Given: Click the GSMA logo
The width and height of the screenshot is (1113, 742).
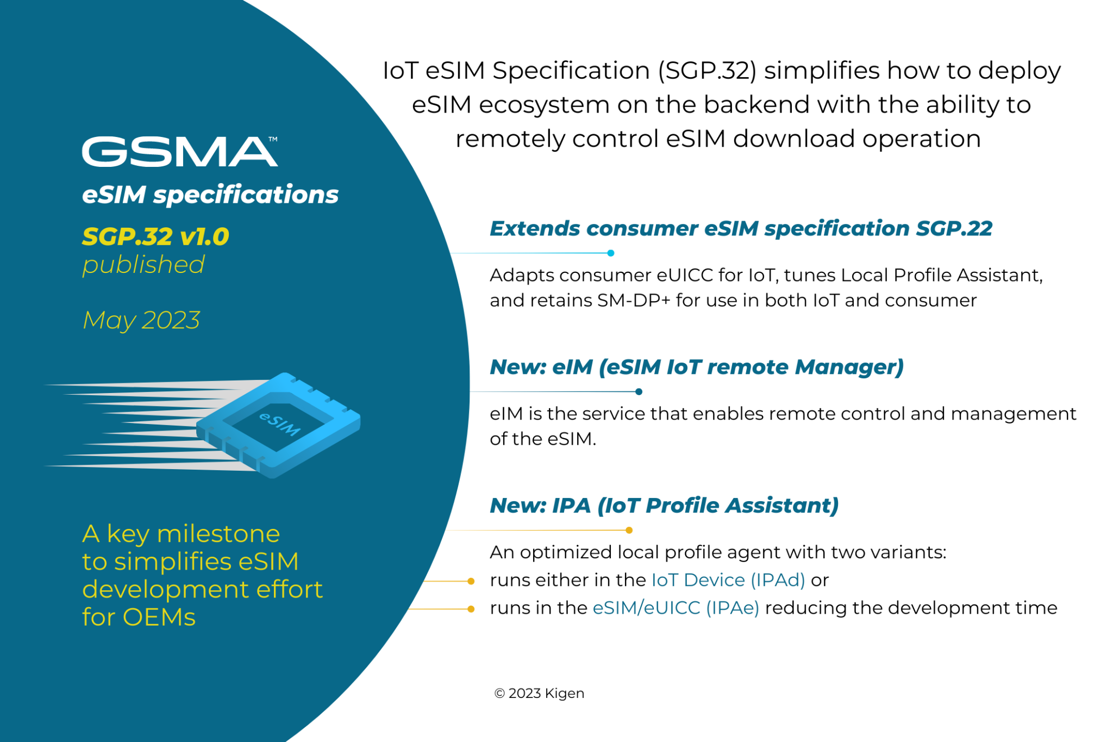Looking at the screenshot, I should pos(179,152).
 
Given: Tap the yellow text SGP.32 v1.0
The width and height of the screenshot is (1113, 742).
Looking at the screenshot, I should pos(155,237).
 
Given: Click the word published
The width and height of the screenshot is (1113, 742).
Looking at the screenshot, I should pos(143,265).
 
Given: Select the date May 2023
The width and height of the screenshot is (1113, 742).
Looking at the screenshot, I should pos(141,320).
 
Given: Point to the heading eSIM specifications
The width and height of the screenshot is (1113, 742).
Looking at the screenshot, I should pos(210,195).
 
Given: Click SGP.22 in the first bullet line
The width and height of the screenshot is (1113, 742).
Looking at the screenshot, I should pos(954,229).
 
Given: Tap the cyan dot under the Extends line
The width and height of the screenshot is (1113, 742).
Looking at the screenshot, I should pos(611,253).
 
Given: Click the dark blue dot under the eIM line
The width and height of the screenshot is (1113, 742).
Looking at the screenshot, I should pos(639,391).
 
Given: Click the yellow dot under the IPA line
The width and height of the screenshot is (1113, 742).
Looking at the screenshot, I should pos(629,530).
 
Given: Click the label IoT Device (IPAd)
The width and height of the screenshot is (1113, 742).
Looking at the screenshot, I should pos(728,580).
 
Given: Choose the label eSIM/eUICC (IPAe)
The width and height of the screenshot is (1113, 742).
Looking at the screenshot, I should pos(676,608).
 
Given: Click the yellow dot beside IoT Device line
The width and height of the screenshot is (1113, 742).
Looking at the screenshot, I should pos(471,581).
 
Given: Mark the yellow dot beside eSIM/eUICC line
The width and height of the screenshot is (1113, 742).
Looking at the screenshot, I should pos(471,609).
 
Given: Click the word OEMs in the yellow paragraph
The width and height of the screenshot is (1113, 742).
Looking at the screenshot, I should pos(159,618).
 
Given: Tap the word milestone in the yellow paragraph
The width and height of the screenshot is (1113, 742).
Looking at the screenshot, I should pos(218,534).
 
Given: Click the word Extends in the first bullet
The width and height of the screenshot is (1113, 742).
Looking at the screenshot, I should pos(535,229).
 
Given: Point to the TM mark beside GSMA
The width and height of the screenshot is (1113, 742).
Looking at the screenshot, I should pos(273,139).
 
